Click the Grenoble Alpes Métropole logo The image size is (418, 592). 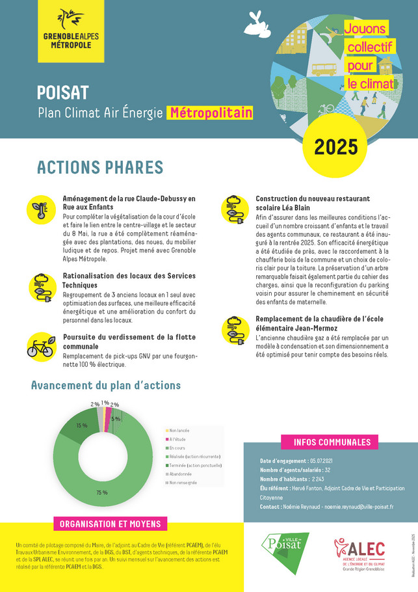coord(71,31)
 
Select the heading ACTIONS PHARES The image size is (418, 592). coord(99,167)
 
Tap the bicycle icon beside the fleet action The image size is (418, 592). coord(40,347)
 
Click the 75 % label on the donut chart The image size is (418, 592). coord(101,492)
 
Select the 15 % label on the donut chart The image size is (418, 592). coord(81,425)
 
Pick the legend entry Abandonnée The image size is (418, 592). coord(183,474)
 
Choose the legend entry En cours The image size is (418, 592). coord(177,448)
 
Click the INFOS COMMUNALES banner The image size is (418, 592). coord(332,442)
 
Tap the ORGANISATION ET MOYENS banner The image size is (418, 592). coord(110,524)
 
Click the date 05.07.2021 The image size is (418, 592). coord(315,461)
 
